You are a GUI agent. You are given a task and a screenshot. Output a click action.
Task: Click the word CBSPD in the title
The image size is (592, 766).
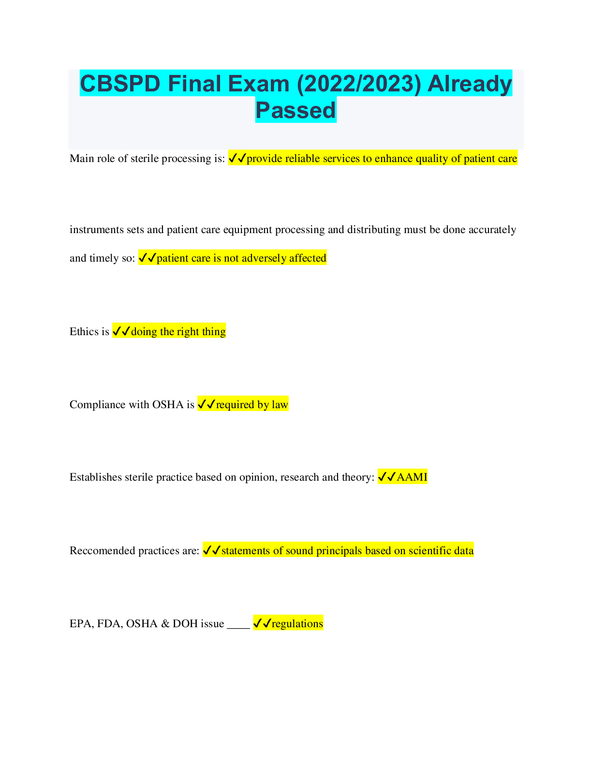click(120, 84)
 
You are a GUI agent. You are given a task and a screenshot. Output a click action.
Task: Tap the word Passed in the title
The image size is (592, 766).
click(296, 110)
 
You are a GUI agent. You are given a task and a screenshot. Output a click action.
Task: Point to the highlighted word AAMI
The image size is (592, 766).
click(412, 477)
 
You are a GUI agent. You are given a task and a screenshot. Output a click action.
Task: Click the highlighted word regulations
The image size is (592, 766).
click(297, 624)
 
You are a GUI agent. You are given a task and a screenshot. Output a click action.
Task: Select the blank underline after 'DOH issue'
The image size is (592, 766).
click(238, 628)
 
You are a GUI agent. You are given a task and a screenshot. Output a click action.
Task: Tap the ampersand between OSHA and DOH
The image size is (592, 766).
click(165, 624)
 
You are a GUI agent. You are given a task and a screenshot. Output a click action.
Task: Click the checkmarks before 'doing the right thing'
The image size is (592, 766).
click(121, 331)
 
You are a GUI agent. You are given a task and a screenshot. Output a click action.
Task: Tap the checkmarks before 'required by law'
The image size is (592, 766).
click(206, 404)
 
